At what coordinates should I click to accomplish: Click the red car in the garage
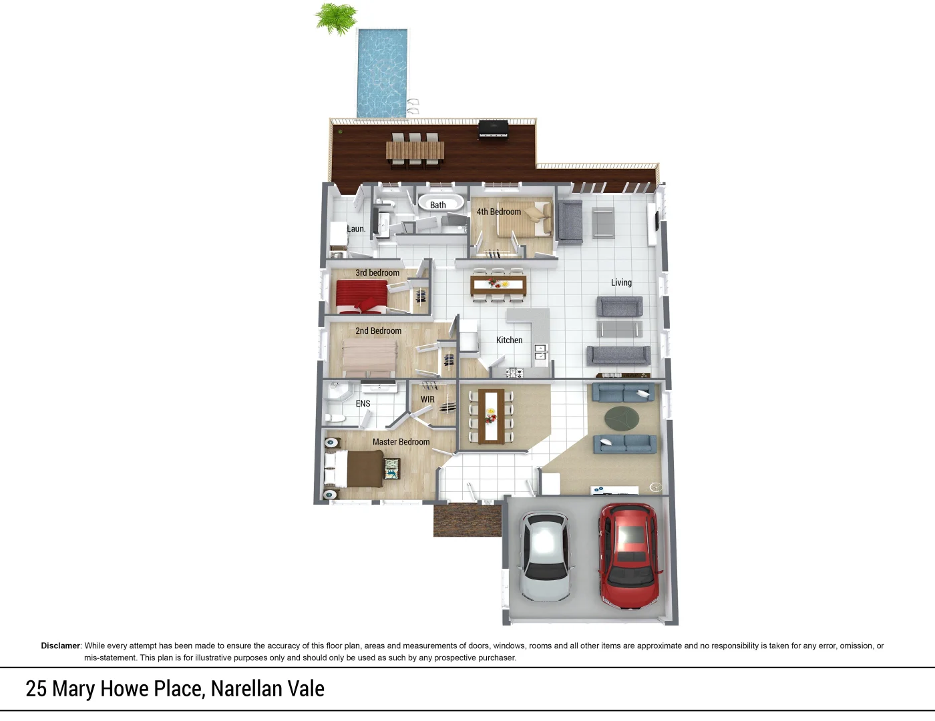coord(628,555)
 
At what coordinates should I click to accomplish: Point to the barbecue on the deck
coord(493,129)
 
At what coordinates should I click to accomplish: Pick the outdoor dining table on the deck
coord(415,152)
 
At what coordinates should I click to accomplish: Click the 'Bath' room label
coord(438,205)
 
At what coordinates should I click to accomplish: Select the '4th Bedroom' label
coord(498,212)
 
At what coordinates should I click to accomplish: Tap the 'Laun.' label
coord(356,228)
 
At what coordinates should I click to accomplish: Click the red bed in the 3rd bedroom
coord(361,296)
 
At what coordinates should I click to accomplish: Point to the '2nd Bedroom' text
coord(378,330)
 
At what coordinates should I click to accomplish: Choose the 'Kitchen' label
coord(509,340)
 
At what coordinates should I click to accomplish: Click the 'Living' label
coord(621,282)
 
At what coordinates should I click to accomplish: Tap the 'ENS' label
coord(363,403)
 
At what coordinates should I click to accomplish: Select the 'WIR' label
coord(427,399)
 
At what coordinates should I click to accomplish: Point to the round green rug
coord(622,419)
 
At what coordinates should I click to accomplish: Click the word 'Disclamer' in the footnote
coord(60,646)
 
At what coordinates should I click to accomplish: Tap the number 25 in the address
coord(36,688)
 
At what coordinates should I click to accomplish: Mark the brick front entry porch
coord(467,520)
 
